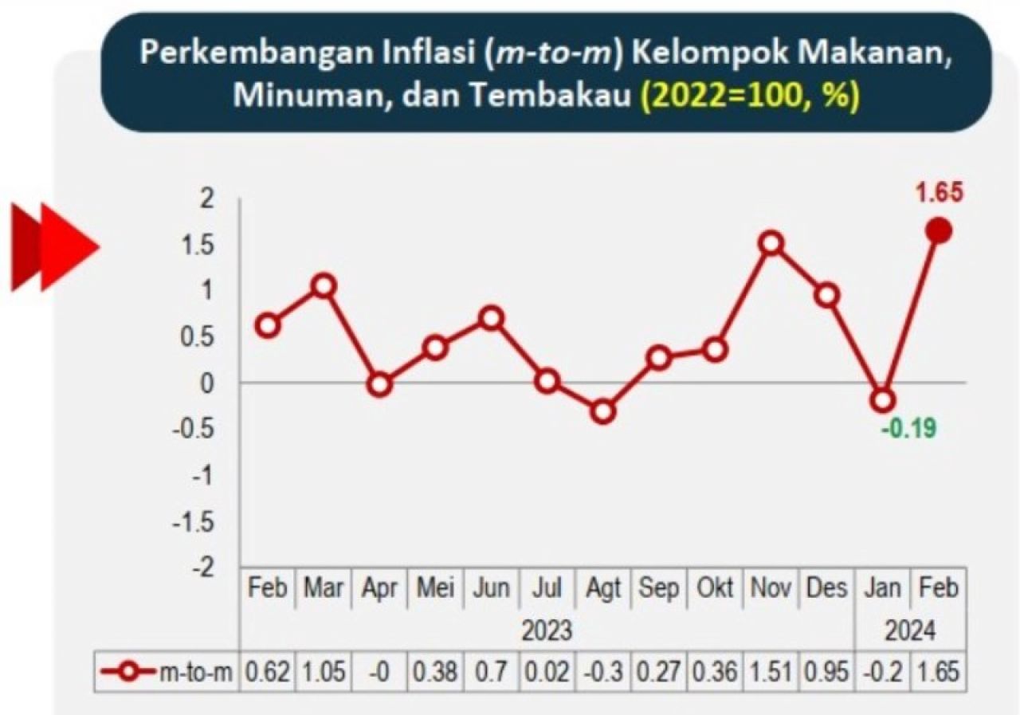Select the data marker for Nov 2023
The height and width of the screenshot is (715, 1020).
point(771,243)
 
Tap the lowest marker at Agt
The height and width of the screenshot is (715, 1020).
point(603,412)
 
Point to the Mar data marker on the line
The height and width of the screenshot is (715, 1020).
point(323,285)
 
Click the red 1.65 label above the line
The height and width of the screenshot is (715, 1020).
point(940,193)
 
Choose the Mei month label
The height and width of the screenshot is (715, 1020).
point(435,588)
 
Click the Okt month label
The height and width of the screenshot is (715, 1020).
point(715,588)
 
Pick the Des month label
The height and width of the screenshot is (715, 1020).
point(826,588)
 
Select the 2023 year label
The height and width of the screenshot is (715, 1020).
point(547,631)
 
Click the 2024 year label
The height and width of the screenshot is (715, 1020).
point(910,631)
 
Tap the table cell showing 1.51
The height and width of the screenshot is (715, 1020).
point(771,673)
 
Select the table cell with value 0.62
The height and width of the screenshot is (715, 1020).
point(267,673)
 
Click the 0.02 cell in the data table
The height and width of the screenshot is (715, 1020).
point(547,673)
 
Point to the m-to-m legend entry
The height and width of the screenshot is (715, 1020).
point(167,673)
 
